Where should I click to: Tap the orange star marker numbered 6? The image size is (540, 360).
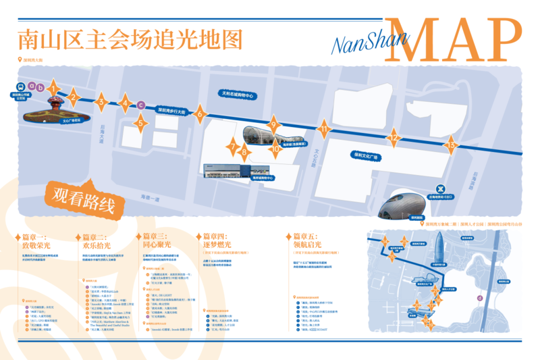coord(199,114)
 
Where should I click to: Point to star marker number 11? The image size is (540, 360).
coord(325,128)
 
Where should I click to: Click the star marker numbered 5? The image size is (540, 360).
coord(140,122)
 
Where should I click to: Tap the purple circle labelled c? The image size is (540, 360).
coord(140,104)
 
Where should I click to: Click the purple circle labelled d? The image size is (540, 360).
coord(479,296)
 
